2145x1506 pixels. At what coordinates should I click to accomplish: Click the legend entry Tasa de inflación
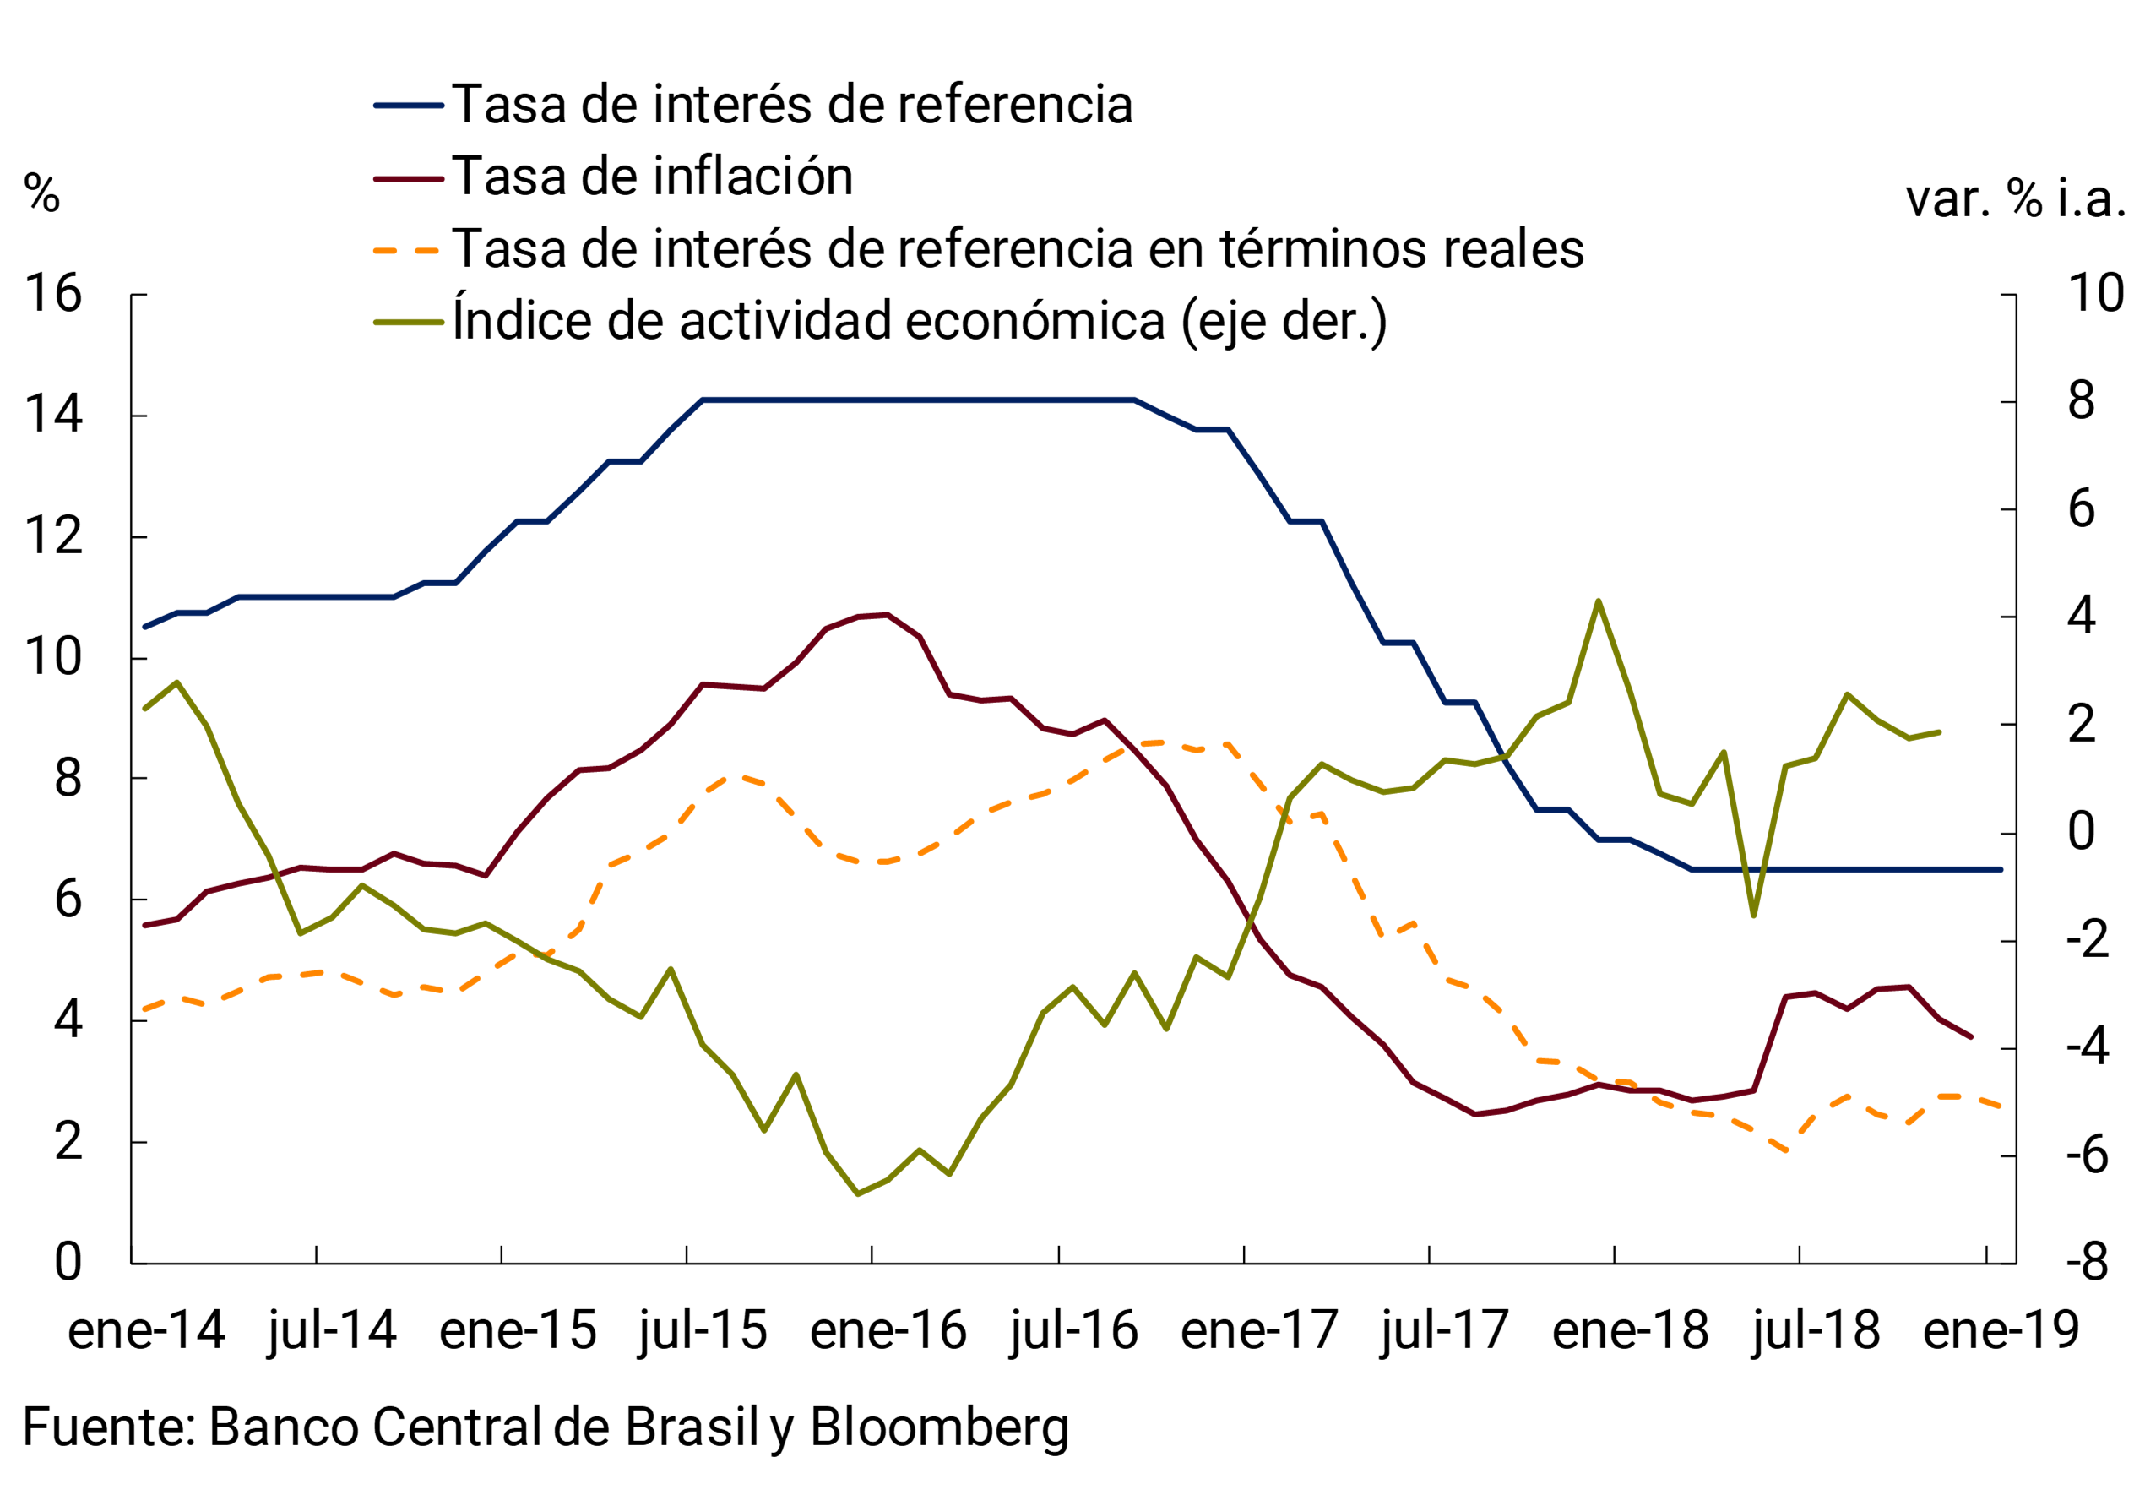[x=651, y=177]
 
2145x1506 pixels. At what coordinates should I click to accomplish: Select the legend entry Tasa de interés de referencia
[x=791, y=105]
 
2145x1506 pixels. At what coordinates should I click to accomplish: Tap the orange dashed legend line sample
[x=407, y=250]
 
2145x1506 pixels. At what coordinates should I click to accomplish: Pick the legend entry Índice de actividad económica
[x=920, y=321]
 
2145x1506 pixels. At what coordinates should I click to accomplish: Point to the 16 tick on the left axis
[x=53, y=294]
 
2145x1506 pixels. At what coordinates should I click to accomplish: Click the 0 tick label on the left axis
[x=68, y=1263]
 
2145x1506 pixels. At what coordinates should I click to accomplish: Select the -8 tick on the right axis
[x=2087, y=1263]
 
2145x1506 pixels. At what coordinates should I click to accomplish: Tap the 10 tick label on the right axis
[x=2096, y=294]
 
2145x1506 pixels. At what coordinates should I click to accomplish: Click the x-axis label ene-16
[x=888, y=1331]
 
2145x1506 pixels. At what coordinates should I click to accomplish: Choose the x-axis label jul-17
[x=1444, y=1331]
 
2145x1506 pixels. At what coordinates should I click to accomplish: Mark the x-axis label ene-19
[x=2001, y=1331]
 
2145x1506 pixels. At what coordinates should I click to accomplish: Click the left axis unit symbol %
[x=42, y=194]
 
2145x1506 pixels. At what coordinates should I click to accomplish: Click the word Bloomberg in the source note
[x=939, y=1427]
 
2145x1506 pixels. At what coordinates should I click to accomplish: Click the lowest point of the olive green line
[x=858, y=1194]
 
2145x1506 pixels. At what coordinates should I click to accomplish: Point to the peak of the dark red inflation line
[x=888, y=615]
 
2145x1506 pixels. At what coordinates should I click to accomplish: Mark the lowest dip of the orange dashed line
[x=1785, y=1151]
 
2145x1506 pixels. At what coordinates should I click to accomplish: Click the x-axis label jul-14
[x=332, y=1331]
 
